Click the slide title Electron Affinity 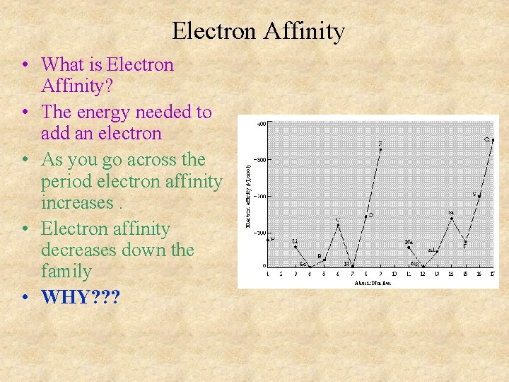tap(258, 31)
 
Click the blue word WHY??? tap(81, 296)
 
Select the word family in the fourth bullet tap(66, 271)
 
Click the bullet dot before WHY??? tap(25, 297)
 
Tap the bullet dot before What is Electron tap(25, 65)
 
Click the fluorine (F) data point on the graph tap(380, 150)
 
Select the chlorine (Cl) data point tap(492, 141)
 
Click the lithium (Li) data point tap(296, 247)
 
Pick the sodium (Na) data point tap(409, 248)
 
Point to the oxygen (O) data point tap(366, 216)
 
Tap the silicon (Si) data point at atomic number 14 tap(451, 219)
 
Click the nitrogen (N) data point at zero tap(352, 266)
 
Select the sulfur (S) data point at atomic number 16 tap(479, 197)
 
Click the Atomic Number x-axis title tap(373, 282)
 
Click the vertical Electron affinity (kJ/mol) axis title tap(248, 196)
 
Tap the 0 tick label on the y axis tap(264, 266)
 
